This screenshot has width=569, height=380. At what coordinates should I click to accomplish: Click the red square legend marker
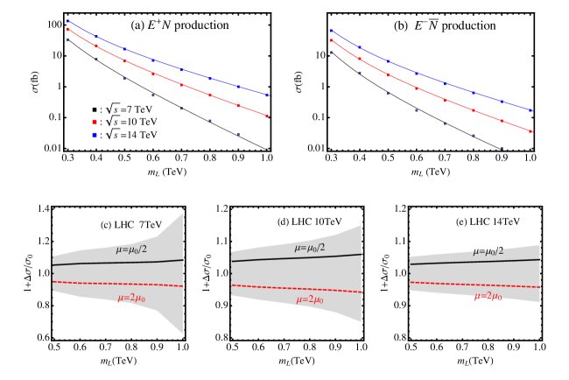(95, 122)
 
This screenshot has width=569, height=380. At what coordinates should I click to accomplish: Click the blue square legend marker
(95, 135)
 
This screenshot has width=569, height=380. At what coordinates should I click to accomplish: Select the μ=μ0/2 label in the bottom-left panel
(131, 250)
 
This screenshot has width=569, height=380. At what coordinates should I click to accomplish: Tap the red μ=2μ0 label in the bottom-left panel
(131, 299)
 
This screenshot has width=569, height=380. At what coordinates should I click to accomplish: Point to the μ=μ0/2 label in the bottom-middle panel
(310, 248)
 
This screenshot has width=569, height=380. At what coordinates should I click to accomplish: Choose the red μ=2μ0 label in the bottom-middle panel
(310, 299)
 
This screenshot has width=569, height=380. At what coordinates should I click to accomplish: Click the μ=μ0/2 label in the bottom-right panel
(488, 251)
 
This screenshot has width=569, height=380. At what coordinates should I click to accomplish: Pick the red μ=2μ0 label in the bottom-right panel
(488, 297)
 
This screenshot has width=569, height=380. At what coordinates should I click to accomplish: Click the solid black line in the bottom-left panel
(105, 263)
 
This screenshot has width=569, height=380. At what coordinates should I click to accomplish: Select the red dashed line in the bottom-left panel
(105, 283)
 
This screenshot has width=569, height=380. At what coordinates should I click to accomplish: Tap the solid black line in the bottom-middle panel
(289, 258)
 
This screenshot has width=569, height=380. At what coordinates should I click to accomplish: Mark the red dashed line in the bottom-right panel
(473, 285)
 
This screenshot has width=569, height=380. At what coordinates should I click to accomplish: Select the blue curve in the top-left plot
(166, 65)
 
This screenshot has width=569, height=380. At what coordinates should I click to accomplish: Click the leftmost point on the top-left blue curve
(67, 20)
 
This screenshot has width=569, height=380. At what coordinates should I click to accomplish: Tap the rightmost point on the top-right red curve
(530, 131)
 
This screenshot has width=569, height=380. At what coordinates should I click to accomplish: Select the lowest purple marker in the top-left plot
(238, 135)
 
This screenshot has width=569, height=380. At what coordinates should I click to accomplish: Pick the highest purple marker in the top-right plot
(331, 53)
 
